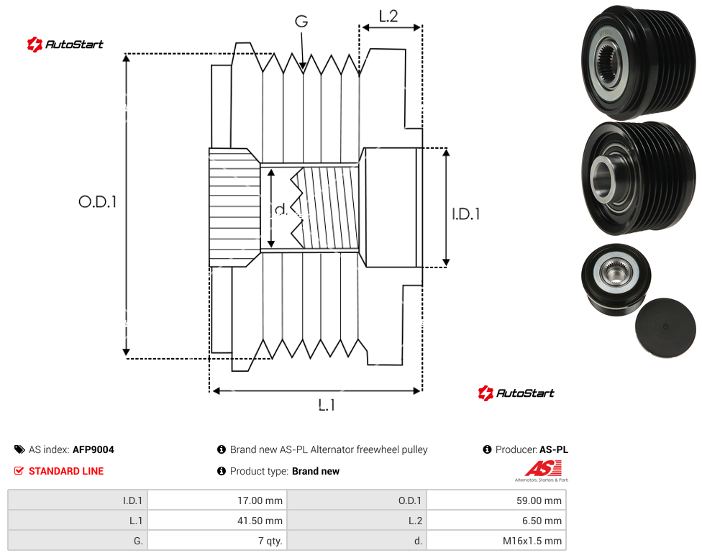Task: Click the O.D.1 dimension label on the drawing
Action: tap(98, 202)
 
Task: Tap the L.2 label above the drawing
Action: tap(388, 17)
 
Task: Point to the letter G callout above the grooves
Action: tap(301, 21)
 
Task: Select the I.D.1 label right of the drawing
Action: tap(465, 214)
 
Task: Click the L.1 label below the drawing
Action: tap(327, 406)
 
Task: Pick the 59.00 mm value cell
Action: tap(496, 500)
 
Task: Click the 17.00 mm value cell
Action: tap(217, 500)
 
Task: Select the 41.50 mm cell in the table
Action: tap(217, 521)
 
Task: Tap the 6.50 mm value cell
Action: tap(496, 521)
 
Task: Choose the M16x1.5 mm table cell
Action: tap(496, 541)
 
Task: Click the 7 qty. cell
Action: tap(217, 541)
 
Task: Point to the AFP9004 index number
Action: tap(93, 449)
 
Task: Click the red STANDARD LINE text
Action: tap(66, 471)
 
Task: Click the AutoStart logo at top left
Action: tap(65, 45)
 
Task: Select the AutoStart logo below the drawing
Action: tap(516, 393)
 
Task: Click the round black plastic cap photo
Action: tap(665, 327)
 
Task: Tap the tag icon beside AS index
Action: tap(19, 449)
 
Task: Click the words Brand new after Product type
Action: tap(316, 471)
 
